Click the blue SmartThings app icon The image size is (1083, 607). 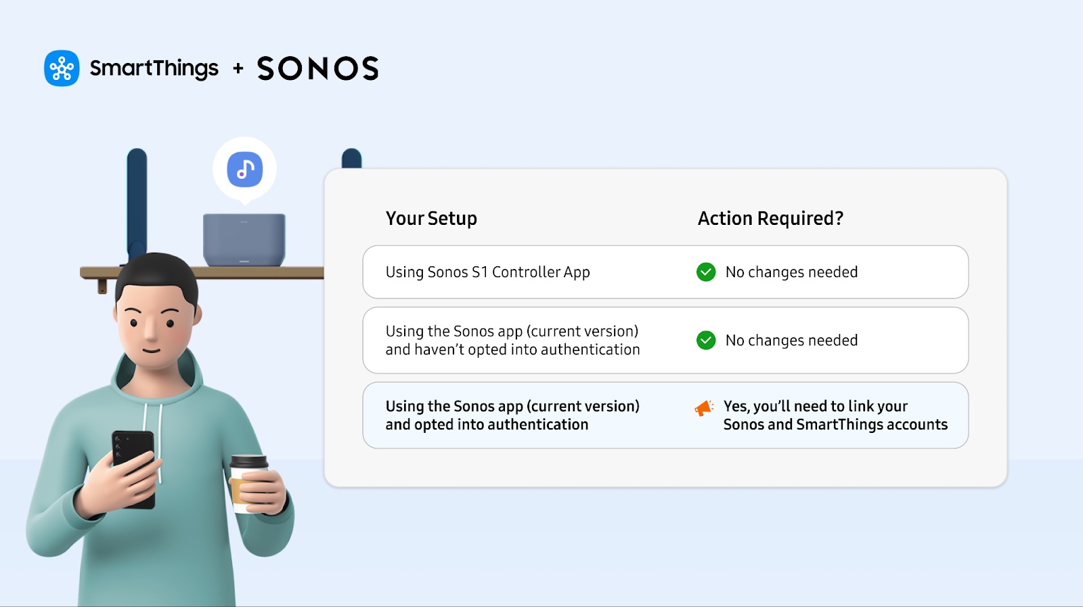[x=62, y=68]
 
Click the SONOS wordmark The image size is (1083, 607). [x=318, y=68]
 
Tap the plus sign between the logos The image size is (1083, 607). [x=238, y=68]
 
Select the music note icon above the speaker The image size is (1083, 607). [x=245, y=169]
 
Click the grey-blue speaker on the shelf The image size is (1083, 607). [x=244, y=240]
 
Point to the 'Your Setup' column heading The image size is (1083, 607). [x=431, y=218]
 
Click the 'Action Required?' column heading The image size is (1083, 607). [x=770, y=218]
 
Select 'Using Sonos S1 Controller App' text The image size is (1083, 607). [x=487, y=272]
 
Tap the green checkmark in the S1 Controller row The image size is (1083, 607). [x=706, y=272]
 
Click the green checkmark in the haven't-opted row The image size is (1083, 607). [x=706, y=340]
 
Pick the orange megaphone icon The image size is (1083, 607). [x=704, y=408]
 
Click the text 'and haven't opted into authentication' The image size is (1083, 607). [x=512, y=350]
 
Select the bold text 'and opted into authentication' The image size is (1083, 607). [x=487, y=425]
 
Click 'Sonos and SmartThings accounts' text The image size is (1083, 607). [x=835, y=425]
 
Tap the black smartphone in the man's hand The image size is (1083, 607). [x=134, y=467]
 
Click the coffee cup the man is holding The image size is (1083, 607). [x=248, y=484]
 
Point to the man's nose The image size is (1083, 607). [x=151, y=329]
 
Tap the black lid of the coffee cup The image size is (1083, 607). [x=248, y=461]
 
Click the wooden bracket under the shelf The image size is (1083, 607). [x=102, y=286]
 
